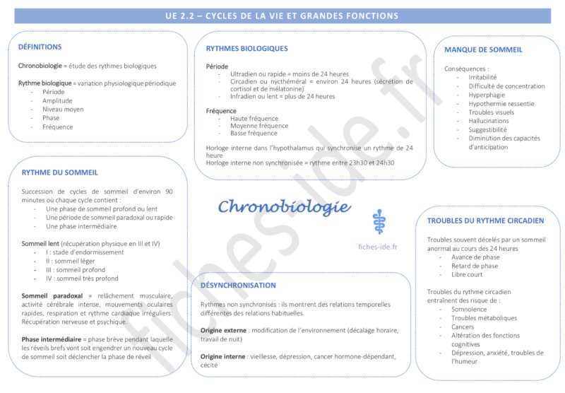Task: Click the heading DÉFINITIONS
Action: (x=40, y=47)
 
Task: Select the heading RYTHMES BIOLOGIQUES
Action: (x=246, y=49)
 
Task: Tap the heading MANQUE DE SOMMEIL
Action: (x=483, y=49)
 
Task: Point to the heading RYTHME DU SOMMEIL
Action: (x=59, y=172)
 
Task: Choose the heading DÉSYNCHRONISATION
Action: (x=238, y=286)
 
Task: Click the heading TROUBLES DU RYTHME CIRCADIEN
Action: (x=485, y=221)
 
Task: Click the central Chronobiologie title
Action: (x=284, y=206)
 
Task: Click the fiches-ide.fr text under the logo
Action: (x=378, y=247)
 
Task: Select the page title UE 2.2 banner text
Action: (x=282, y=16)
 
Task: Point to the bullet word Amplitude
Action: (x=57, y=100)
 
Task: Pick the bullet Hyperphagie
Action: (x=487, y=95)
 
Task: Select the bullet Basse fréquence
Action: (x=254, y=133)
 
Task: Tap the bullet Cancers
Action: (x=463, y=327)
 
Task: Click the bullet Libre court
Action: (x=466, y=275)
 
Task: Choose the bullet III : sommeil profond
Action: (x=75, y=269)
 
